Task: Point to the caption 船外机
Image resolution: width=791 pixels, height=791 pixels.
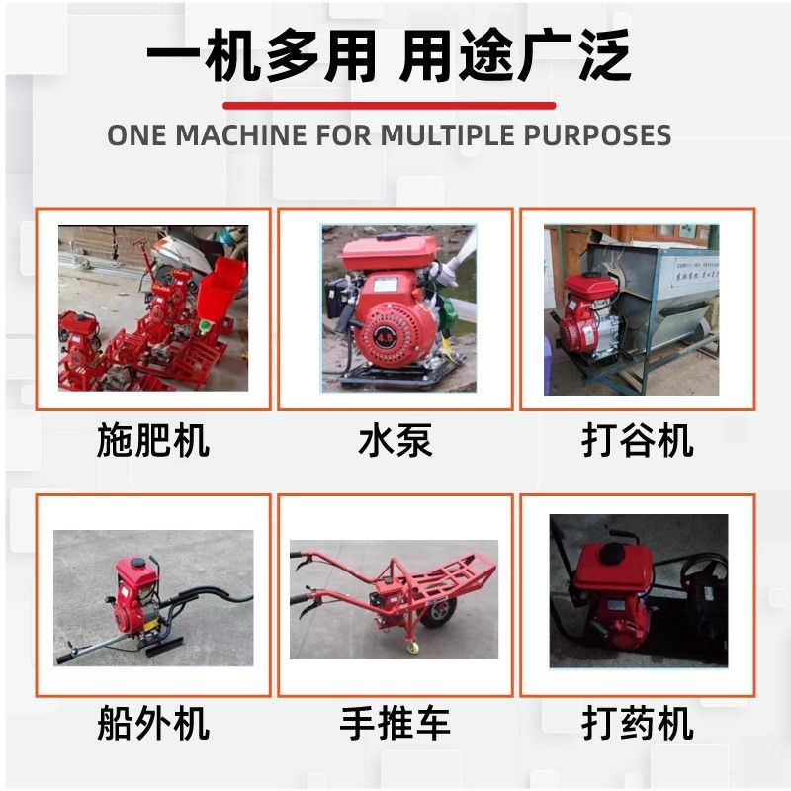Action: pos(153,723)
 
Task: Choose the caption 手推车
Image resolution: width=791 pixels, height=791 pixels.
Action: pos(395,723)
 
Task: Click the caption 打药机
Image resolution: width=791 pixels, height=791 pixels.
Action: pos(638,723)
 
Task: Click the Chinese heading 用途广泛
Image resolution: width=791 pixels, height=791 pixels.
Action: pos(514,57)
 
